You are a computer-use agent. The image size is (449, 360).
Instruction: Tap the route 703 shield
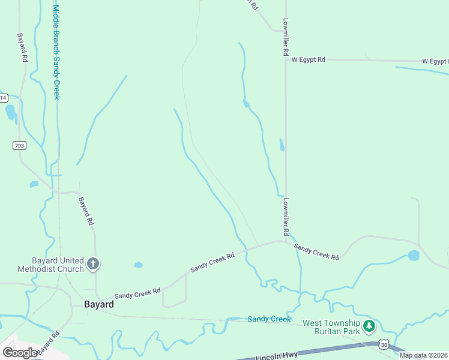[x=19, y=145]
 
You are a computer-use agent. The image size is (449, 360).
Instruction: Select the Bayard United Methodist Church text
[x=50, y=265]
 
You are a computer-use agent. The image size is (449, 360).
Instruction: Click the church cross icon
[x=93, y=264]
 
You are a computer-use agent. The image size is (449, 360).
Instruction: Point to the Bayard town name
[x=99, y=304]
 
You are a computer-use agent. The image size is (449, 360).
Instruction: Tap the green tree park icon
[x=369, y=326]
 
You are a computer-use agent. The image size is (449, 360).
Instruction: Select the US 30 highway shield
[x=383, y=345]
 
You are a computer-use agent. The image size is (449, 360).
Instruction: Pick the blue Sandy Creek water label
[x=269, y=319]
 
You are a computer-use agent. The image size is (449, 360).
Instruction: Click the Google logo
[x=20, y=353]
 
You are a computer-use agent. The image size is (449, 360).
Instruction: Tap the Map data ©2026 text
[x=424, y=355]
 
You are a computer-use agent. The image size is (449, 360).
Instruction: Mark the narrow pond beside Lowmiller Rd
[x=282, y=145]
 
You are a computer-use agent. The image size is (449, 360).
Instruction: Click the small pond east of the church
[x=139, y=265]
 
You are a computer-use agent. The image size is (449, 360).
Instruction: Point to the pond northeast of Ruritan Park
[x=414, y=256]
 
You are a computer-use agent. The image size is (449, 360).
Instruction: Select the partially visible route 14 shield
[x=3, y=97]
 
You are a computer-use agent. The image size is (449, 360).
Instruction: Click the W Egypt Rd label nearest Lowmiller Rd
[x=308, y=60]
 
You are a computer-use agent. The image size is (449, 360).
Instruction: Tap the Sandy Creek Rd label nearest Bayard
[x=137, y=293]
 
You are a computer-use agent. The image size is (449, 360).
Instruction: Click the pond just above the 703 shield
[x=11, y=112]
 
